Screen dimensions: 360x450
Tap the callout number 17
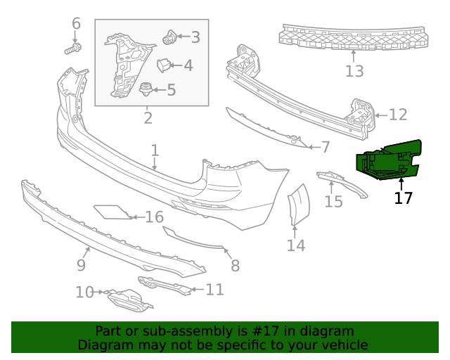[404, 198]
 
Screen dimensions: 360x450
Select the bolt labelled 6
[73, 49]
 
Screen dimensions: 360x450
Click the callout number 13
[355, 71]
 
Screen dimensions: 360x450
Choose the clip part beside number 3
[169, 37]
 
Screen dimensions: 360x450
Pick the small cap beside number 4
[164, 65]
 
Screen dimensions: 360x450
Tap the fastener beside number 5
[146, 89]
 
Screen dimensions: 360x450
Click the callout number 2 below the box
[148, 117]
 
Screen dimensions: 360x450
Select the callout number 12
[398, 115]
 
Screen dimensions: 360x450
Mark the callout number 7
[326, 147]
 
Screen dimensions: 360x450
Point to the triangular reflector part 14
[300, 204]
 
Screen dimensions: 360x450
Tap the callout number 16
[154, 217]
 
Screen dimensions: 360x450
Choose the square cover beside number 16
[111, 212]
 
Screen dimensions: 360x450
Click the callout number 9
[81, 264]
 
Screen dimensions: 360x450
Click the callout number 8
[235, 265]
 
